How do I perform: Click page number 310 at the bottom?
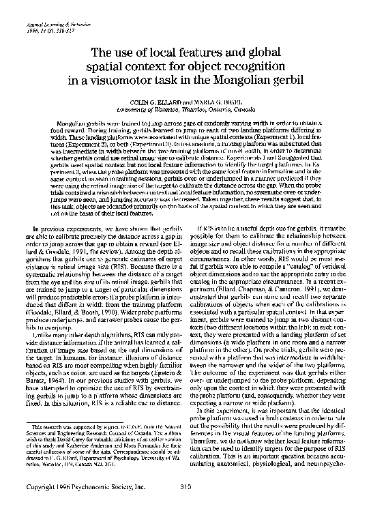(x=185, y=488)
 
